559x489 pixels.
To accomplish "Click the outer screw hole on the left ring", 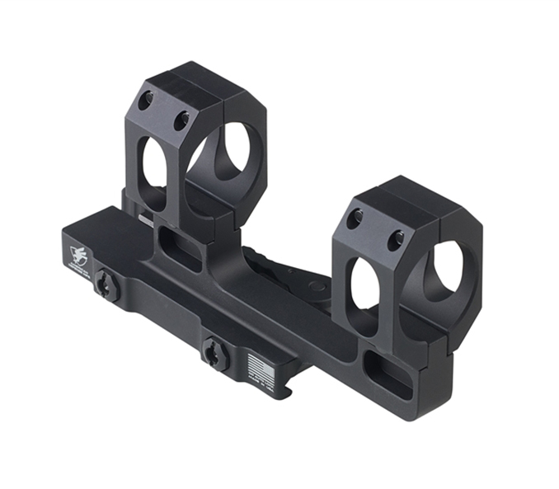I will (x=146, y=101).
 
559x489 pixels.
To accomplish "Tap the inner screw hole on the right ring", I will (x=395, y=238).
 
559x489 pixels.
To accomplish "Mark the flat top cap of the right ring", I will (x=408, y=198).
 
